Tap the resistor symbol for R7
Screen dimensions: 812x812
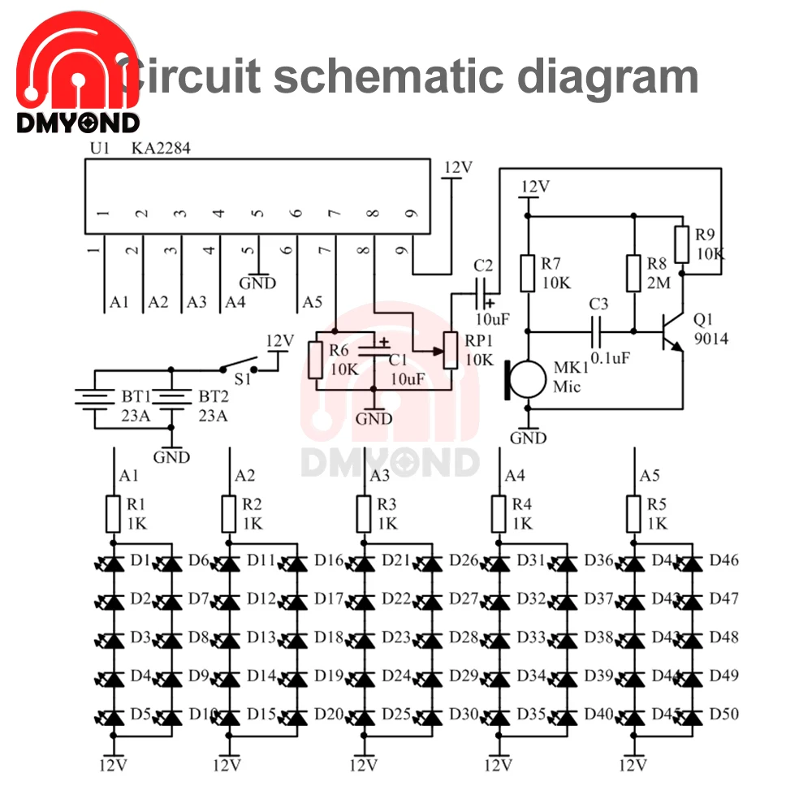coord(528,273)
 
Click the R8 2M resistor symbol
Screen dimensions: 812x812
coord(633,273)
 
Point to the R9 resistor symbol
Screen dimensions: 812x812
coord(684,243)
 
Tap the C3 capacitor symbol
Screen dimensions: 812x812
coord(599,331)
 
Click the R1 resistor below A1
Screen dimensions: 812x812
coord(114,514)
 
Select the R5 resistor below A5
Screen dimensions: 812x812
coord(633,514)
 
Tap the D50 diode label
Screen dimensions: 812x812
coord(723,715)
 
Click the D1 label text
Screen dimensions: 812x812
coord(140,560)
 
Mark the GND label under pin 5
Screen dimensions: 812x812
coord(257,284)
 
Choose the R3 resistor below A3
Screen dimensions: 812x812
coord(365,514)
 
